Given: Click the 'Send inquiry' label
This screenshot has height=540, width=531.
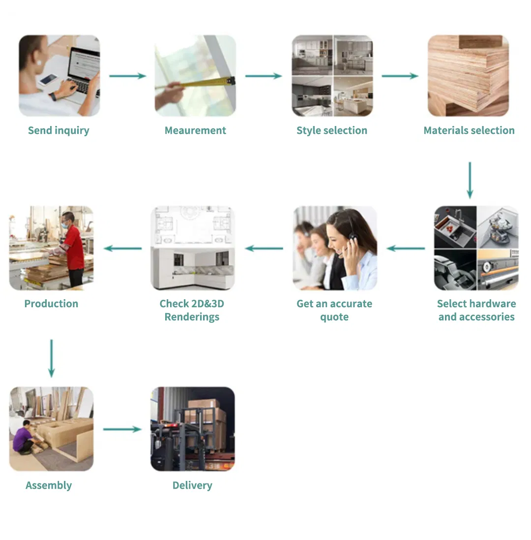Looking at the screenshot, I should click(x=59, y=130).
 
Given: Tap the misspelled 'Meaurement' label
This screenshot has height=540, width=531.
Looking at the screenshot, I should click(x=195, y=130).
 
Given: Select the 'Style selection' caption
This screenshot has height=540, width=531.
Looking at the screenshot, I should click(x=332, y=130).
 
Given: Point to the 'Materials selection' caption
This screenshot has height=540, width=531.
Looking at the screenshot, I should click(x=469, y=130).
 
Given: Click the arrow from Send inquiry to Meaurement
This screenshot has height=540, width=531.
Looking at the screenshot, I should click(x=127, y=76).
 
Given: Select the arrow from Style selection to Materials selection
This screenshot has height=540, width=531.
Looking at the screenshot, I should click(x=400, y=76).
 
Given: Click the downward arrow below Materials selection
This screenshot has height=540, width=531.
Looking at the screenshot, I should click(x=470, y=180).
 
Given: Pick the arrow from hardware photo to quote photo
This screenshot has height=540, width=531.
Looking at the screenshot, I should click(x=406, y=248).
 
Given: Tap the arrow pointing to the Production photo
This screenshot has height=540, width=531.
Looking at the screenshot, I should click(x=123, y=248).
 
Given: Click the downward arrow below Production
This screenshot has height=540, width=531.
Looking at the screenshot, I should click(x=52, y=358).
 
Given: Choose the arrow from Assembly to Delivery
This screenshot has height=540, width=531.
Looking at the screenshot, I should click(x=122, y=429).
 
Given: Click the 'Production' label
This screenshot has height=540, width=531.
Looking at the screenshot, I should click(x=51, y=304).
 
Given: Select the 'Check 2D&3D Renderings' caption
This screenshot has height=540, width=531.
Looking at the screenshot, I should click(x=192, y=310).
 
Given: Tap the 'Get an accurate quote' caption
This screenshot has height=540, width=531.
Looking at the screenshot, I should click(x=334, y=310).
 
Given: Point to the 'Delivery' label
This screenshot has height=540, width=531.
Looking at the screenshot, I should click(x=192, y=485).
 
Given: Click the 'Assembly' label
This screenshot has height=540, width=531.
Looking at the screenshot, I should click(x=49, y=485).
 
